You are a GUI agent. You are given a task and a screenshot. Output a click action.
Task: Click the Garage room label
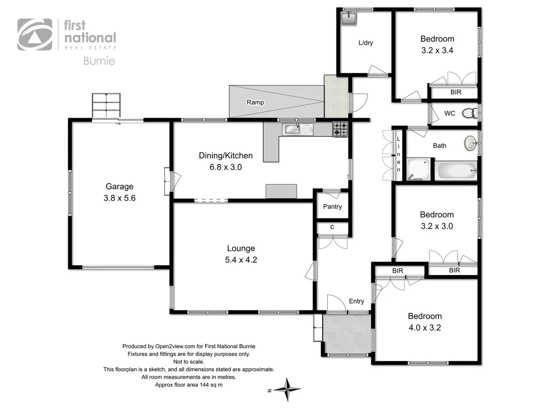pyautogui.click(x=120, y=187)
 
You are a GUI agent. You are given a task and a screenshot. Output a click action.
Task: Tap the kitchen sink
pyautogui.click(x=298, y=129)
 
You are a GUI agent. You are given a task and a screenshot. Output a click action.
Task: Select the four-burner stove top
pyautogui.click(x=340, y=129)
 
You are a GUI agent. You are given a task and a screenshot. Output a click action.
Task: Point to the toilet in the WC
pyautogui.click(x=469, y=113)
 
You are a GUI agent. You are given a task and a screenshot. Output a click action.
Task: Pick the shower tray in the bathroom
pyautogui.click(x=418, y=170)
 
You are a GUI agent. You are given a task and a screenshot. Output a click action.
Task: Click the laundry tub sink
pyautogui.click(x=348, y=18)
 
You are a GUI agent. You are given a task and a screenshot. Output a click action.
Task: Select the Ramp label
pyautogui.click(x=255, y=102)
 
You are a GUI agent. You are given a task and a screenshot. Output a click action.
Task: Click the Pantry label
pyautogui.click(x=332, y=206)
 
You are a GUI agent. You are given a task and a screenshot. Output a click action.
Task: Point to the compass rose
pyautogui.click(x=288, y=389)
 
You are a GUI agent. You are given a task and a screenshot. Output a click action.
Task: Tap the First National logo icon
pyautogui.click(x=35, y=35)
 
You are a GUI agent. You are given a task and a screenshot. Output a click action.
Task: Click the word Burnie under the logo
pyautogui.click(x=99, y=61)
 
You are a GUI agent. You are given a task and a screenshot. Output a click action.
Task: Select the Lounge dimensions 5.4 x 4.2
pyautogui.click(x=241, y=260)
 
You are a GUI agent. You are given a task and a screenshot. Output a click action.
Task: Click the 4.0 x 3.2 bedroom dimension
pyautogui.click(x=425, y=328)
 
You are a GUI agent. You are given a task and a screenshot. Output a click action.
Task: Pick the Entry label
pyautogui.click(x=356, y=301)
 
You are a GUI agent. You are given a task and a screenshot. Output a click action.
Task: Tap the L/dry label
pyautogui.click(x=366, y=43)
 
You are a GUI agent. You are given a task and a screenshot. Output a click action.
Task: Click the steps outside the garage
pyautogui.click(x=106, y=105)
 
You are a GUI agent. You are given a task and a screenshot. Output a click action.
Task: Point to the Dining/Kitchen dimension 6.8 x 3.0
pyautogui.click(x=226, y=167)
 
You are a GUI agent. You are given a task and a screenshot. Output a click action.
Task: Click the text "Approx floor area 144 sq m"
pyautogui.click(x=189, y=385)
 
